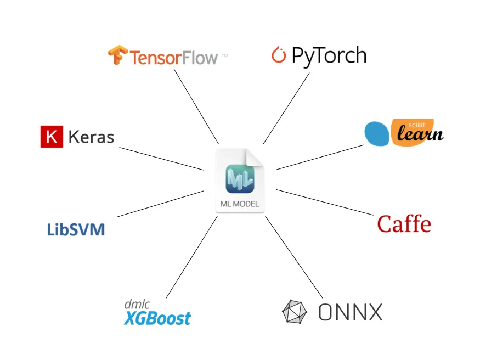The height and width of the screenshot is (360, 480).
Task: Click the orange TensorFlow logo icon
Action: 117,56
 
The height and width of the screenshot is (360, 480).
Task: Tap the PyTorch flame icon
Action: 279,55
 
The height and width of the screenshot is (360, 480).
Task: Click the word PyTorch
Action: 329,56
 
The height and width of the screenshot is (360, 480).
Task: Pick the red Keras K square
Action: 51,137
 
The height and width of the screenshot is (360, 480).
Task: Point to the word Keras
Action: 91,137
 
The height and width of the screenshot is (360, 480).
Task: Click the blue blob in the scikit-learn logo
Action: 377,134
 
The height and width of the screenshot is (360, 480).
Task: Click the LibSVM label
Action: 76,229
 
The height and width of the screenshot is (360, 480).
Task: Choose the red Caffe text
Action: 404,224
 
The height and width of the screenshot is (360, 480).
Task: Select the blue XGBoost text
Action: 157,318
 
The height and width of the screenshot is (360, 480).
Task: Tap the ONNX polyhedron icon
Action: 295,312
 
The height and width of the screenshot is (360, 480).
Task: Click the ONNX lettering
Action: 350,312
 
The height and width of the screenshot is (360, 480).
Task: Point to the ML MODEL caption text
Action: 240,205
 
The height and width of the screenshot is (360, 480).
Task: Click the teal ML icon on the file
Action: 240,178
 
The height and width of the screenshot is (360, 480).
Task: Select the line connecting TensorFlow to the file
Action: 196,106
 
